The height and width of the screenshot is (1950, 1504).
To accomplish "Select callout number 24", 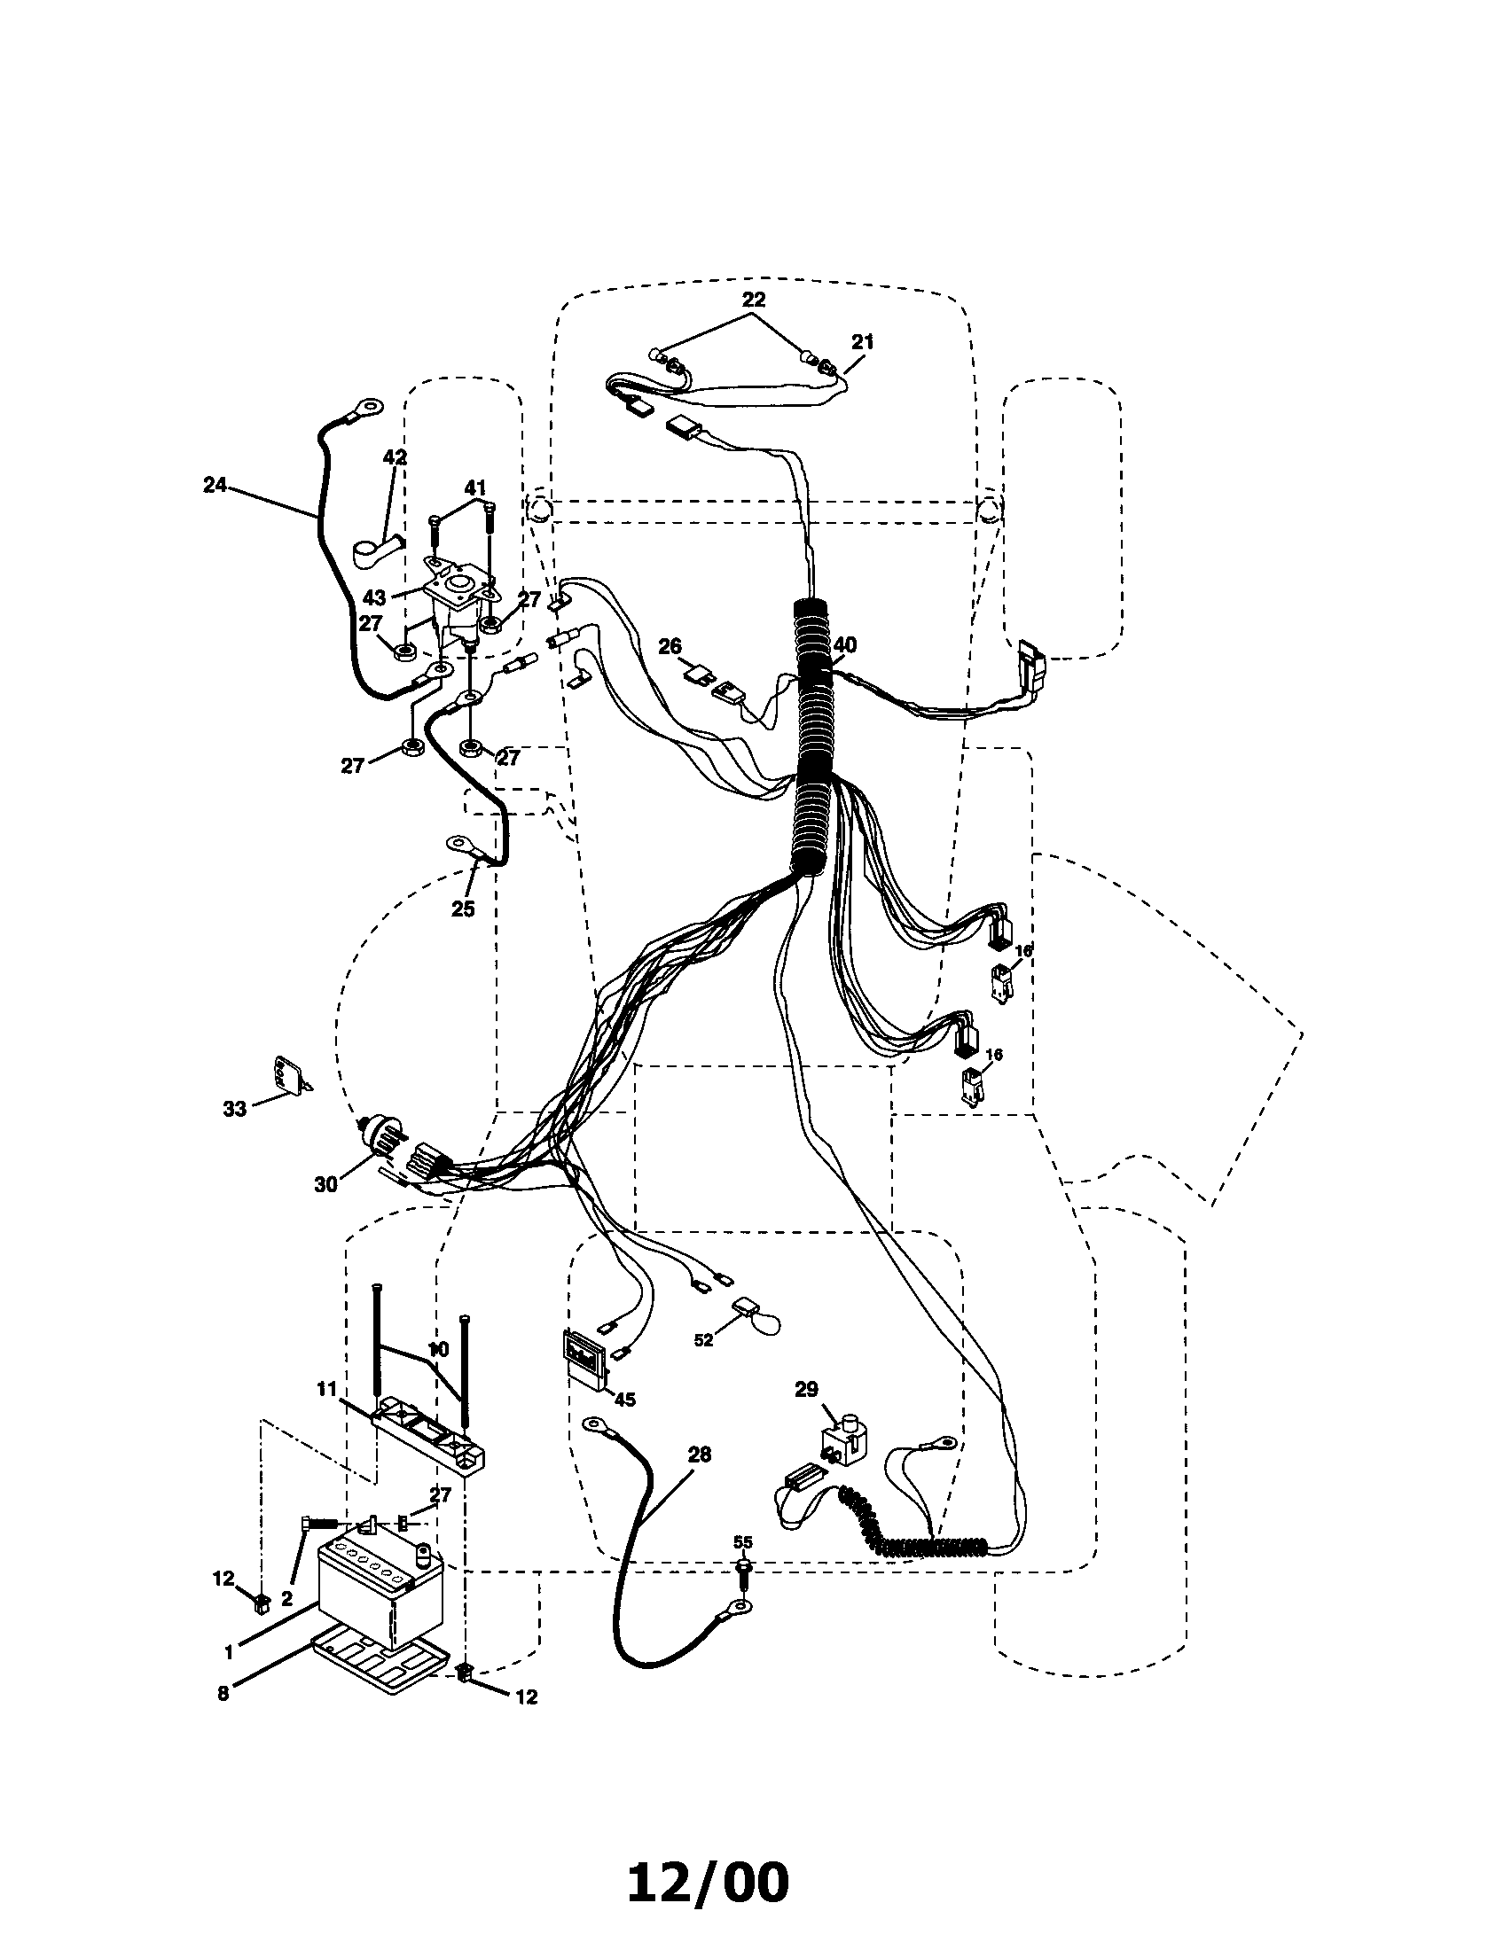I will (215, 486).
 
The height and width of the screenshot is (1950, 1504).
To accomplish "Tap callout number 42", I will (395, 457).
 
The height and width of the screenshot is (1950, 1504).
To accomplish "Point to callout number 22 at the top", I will (753, 298).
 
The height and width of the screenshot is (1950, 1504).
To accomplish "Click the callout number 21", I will (863, 342).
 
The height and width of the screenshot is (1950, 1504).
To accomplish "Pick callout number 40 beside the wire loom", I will (845, 644).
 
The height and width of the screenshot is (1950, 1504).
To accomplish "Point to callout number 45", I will (624, 1399).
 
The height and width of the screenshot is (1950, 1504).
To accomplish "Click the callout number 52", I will (705, 1365).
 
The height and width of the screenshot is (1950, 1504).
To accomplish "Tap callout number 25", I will (463, 909).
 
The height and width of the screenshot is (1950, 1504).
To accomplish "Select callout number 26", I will (670, 644).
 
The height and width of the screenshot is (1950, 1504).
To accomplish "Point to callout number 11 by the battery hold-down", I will (326, 1388).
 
